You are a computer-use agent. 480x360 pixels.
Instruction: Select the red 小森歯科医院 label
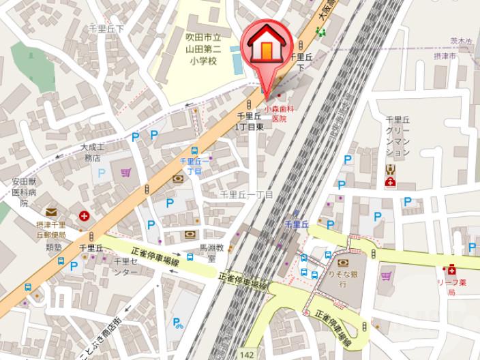coord(280,113)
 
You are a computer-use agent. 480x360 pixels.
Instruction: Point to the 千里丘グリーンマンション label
coord(397,136)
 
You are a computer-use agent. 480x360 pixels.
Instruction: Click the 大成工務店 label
coord(92,152)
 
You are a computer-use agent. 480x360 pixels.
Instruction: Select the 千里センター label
coord(125,267)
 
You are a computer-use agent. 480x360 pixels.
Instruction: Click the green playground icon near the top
coord(320,31)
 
